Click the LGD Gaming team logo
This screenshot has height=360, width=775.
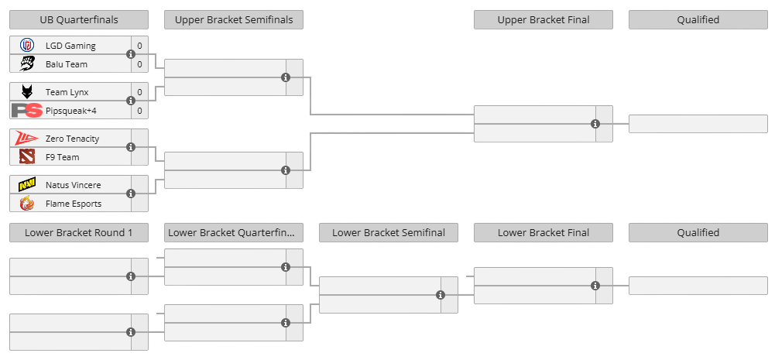26,46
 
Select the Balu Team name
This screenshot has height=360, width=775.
67,64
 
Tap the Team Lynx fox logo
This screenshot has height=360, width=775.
26,92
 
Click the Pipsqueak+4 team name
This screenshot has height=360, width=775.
70,111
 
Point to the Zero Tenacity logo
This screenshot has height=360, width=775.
26,139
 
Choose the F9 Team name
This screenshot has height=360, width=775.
62,157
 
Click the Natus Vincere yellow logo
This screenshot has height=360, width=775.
26,185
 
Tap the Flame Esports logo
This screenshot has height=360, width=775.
26,204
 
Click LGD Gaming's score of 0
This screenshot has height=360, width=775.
140,46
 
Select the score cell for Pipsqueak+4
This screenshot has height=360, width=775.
140,111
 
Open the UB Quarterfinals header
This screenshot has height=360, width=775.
79,20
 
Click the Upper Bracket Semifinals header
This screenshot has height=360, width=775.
234,20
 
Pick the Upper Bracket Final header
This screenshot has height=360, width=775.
544,20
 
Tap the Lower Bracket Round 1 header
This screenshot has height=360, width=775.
79,232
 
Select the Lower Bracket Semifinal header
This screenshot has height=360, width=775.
389,232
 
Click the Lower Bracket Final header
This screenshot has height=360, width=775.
544,232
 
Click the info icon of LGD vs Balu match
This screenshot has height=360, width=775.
131,54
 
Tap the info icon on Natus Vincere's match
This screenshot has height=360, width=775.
131,194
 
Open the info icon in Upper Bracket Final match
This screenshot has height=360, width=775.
595,124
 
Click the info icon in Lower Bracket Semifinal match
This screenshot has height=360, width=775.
441,295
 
